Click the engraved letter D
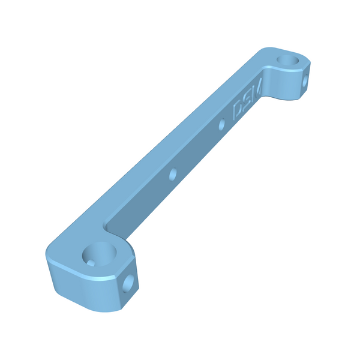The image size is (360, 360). coord(238,110)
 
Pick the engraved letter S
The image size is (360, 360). coord(247,100)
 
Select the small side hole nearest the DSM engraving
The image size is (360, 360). coord(222,125)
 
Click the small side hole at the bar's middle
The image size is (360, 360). coord(173,174)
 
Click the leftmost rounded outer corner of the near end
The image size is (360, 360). coord(48,255)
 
